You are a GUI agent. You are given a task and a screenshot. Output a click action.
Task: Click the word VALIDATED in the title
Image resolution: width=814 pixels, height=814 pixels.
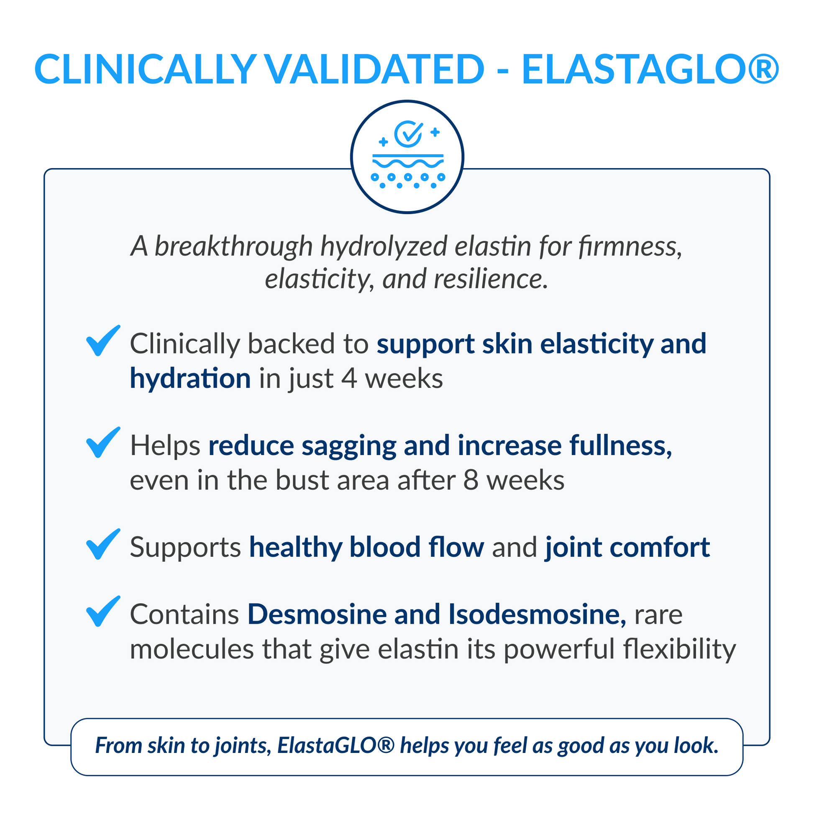(x=375, y=69)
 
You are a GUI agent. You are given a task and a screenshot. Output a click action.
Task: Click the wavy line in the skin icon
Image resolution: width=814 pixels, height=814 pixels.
(x=408, y=163)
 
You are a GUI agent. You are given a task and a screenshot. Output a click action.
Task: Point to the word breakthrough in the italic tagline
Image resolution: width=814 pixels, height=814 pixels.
(x=233, y=246)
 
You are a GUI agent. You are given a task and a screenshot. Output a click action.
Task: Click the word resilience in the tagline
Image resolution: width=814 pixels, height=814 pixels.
(x=491, y=279)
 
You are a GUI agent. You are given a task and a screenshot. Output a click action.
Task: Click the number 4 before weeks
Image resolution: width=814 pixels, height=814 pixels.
(x=349, y=379)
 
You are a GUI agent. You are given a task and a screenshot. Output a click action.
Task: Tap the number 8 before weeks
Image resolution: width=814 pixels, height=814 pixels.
(x=471, y=481)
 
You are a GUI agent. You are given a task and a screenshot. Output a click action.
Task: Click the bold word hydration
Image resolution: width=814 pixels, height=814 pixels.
(x=190, y=379)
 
